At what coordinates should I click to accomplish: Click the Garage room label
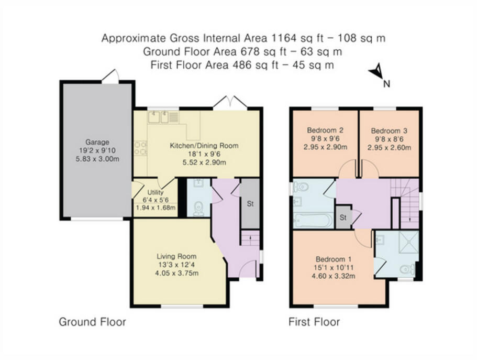coord(97,142)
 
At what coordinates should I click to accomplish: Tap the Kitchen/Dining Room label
coord(204,146)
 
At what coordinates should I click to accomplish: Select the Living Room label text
coord(176,256)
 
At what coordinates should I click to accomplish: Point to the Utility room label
coord(156,192)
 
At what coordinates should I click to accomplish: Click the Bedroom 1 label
coord(334,259)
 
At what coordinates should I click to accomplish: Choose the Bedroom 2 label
coord(325,130)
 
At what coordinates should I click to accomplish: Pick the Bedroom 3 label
coord(389,131)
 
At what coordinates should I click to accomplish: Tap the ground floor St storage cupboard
coord(250,203)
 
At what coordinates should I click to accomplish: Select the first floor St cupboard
coord(343,217)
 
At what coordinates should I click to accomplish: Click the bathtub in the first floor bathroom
coord(313,220)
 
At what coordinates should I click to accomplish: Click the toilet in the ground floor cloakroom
coord(198,209)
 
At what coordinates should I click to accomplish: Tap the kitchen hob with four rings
coord(140,148)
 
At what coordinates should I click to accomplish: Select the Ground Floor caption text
coord(92,322)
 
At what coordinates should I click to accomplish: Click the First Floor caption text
coord(314,322)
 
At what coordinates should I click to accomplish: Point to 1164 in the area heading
coord(283,38)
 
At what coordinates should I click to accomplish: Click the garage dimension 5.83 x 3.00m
coord(97,159)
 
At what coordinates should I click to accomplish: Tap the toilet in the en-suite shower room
coord(407,269)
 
